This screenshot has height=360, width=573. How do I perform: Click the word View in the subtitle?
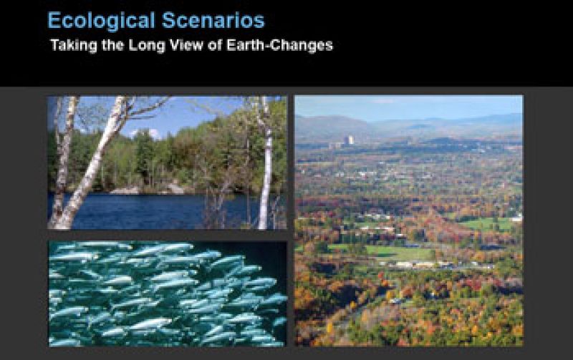click(x=176, y=45)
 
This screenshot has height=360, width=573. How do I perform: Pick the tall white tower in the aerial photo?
click(x=349, y=141)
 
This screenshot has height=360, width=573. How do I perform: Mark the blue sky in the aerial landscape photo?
click(x=408, y=106)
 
